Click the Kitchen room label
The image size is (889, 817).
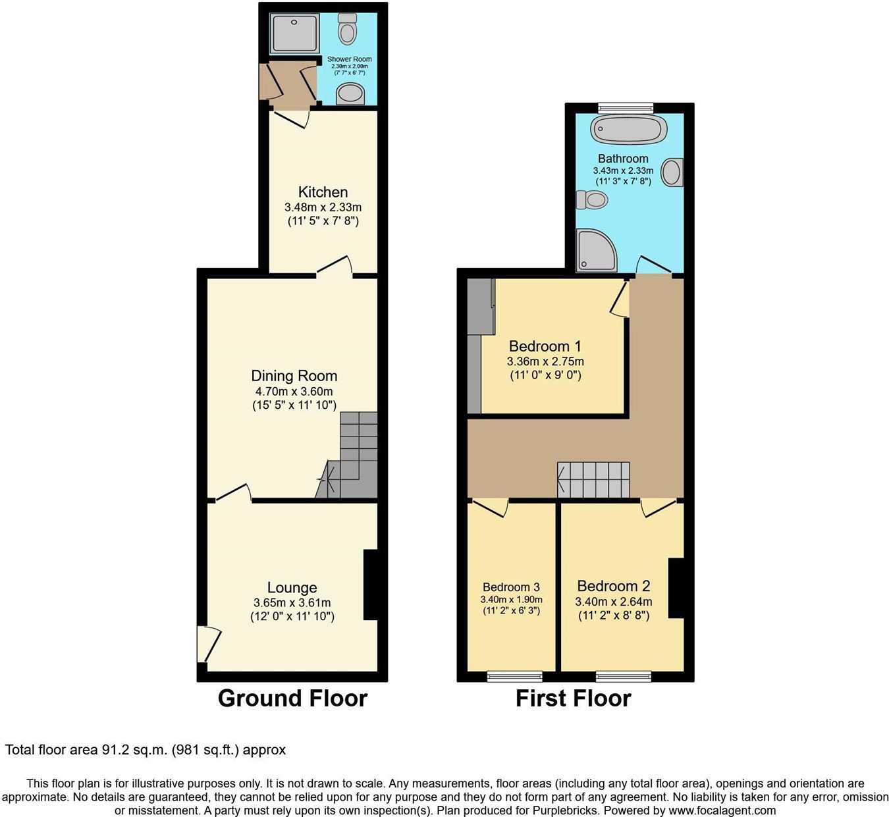(323, 192)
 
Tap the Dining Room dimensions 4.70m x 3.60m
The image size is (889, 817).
(294, 392)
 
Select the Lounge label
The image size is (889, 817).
(292, 587)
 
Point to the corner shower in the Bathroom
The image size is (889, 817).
(595, 250)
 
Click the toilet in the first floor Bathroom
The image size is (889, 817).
(591, 199)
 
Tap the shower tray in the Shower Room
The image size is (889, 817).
(294, 33)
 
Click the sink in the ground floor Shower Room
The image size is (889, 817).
(350, 95)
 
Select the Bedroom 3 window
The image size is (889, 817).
(514, 676)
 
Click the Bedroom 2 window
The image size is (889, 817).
(623, 676)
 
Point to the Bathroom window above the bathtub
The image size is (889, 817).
(626, 107)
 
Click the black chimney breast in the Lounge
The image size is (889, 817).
(371, 585)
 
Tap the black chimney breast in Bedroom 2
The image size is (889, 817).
(676, 588)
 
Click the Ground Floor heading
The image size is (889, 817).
(292, 698)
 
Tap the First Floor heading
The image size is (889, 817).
(573, 698)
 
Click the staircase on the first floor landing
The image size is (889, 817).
(593, 479)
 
